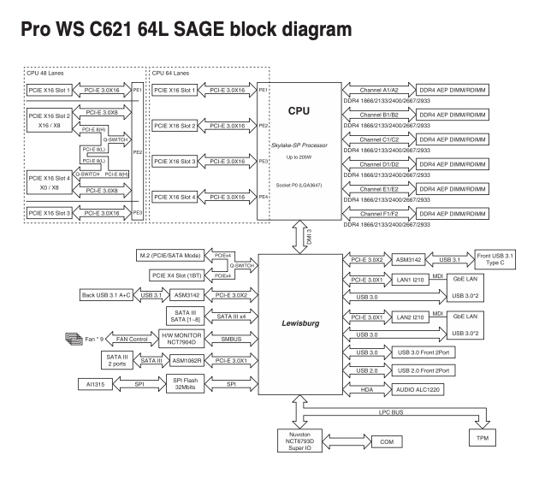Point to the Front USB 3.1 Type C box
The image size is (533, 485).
tap(496, 258)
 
